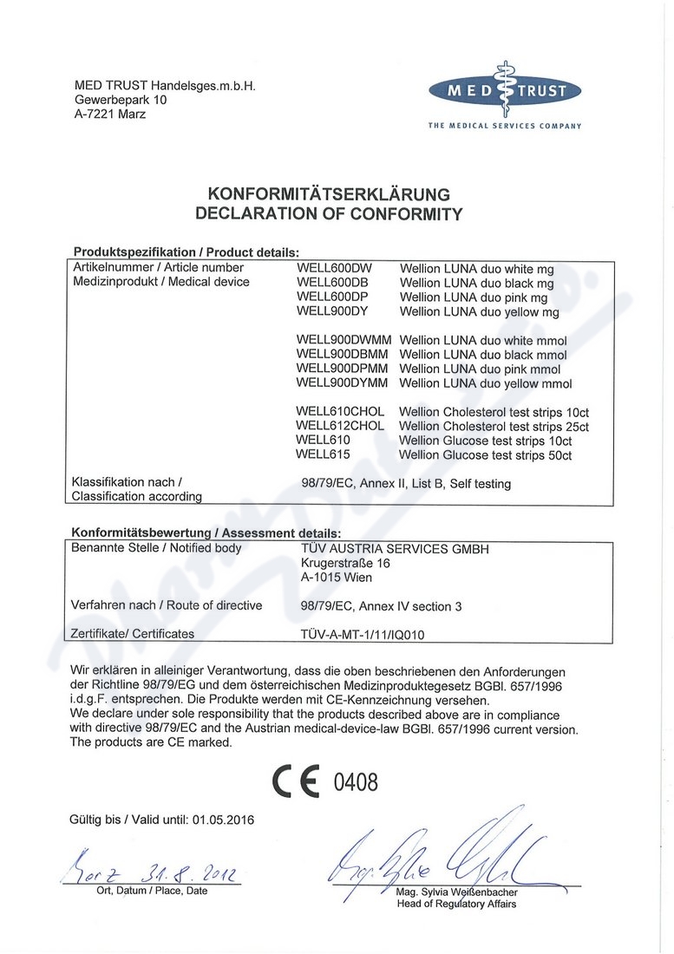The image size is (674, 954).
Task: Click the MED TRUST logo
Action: tap(505, 90)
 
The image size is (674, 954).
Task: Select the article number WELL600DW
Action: tap(333, 269)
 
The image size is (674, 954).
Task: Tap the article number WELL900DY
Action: tap(332, 311)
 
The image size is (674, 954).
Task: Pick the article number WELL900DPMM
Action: tap(343, 369)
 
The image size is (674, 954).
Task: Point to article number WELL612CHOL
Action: tap(339, 426)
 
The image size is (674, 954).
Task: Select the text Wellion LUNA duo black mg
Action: tap(476, 284)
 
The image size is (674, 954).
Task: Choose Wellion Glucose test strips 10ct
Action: tap(485, 441)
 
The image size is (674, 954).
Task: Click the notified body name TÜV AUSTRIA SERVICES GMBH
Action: tap(394, 549)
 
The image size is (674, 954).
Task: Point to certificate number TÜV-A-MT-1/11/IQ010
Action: tap(362, 634)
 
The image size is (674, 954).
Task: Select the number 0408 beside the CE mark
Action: tap(356, 782)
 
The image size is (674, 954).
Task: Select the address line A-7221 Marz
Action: tap(110, 114)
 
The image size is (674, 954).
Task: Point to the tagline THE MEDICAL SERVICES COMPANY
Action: tap(504, 126)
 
